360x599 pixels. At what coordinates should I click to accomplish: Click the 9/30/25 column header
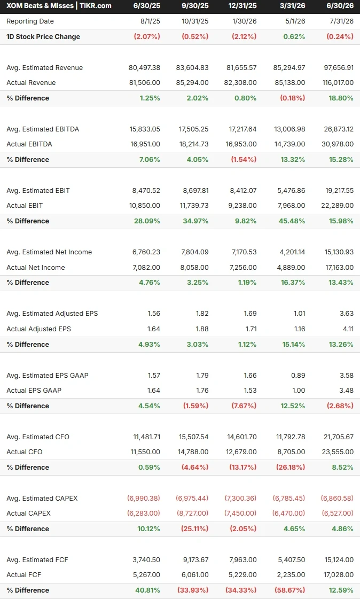point(195,6)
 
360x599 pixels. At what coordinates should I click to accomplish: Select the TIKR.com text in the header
point(96,6)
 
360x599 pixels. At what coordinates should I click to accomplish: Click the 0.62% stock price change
point(294,37)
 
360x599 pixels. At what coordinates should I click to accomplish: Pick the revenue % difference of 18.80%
point(341,98)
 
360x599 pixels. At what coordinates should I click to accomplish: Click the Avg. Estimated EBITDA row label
point(43,129)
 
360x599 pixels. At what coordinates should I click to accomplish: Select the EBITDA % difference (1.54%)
point(244,160)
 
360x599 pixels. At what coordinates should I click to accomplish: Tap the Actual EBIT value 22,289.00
point(338,206)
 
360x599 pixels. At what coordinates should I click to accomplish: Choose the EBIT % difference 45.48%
point(292,221)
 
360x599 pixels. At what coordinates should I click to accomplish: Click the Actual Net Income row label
point(35,267)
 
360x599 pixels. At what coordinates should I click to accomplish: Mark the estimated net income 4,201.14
point(291,252)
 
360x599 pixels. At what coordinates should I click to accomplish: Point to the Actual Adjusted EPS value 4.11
point(348,329)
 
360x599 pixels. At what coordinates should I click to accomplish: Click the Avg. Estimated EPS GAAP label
point(48,376)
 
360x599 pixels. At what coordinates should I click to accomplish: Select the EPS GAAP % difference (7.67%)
point(244,406)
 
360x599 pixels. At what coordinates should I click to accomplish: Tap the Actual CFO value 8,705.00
point(291,452)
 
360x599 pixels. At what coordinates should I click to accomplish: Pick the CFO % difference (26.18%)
point(290,467)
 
